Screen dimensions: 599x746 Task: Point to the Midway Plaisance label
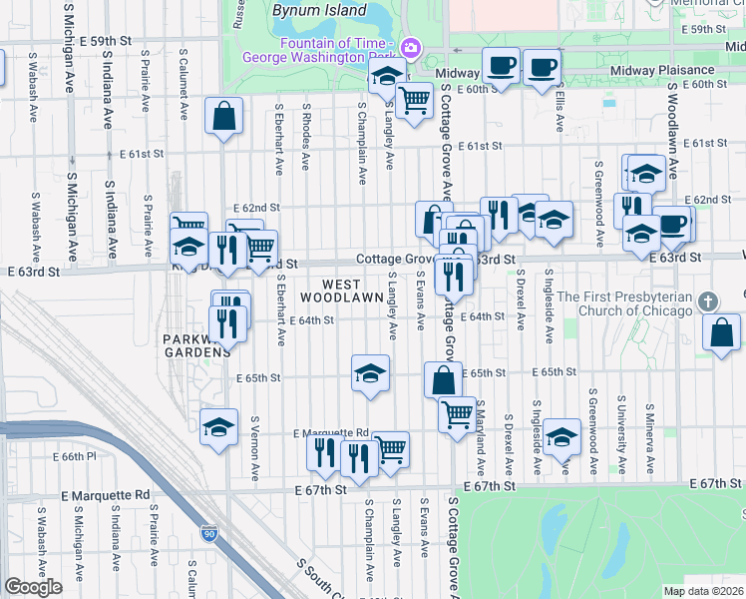(x=663, y=70)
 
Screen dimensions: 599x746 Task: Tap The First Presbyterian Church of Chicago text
(x=624, y=303)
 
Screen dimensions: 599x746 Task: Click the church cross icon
(x=707, y=300)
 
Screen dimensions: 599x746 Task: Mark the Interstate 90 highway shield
(x=208, y=535)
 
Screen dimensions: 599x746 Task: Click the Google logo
(x=34, y=586)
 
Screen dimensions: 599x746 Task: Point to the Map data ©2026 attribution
(x=703, y=591)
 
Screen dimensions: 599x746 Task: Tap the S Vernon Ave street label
(x=255, y=444)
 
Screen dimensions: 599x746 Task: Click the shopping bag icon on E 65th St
(x=443, y=379)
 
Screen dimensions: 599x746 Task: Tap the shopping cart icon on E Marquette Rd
(x=390, y=448)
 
